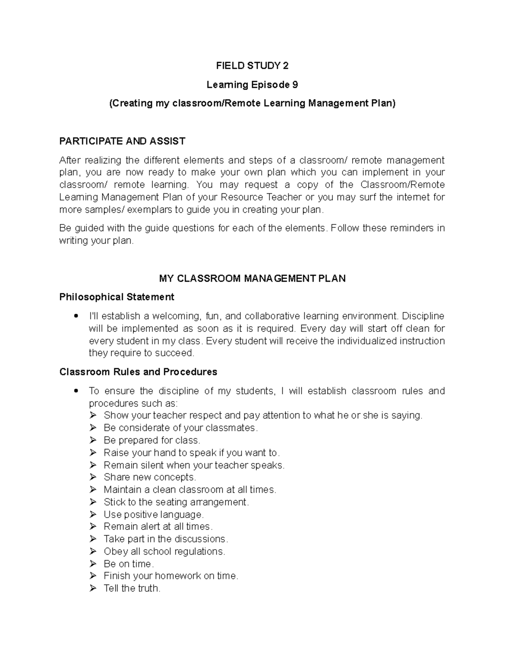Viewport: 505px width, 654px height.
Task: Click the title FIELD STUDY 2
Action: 252,66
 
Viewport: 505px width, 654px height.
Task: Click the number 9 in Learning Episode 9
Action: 295,85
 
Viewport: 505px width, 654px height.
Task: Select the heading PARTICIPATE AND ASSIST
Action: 122,141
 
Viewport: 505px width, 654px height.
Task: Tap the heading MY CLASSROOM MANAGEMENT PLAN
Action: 252,278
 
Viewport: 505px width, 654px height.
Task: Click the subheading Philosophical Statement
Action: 117,297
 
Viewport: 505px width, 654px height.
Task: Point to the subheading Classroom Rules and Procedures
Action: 138,372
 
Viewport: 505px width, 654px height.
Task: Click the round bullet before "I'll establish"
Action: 75,316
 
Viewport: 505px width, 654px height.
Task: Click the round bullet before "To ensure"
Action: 75,391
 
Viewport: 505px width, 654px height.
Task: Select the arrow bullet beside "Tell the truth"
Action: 93,588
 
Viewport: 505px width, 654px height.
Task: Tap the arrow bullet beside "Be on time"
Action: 93,563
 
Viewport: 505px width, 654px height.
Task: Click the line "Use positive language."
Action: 154,514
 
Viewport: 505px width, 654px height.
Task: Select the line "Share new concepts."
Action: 150,477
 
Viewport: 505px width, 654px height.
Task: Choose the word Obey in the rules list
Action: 115,551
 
